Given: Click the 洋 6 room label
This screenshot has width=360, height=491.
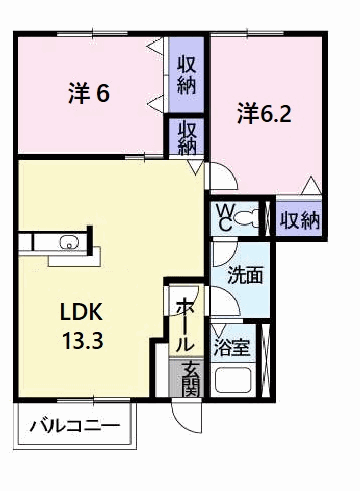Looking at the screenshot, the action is (x=89, y=93).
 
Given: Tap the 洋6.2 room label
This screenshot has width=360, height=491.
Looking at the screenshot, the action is (x=264, y=114).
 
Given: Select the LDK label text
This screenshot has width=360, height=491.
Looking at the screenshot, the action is (x=81, y=312).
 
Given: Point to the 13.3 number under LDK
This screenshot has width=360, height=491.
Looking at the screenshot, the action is (x=83, y=341).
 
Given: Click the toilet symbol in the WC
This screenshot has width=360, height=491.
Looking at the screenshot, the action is (x=246, y=218).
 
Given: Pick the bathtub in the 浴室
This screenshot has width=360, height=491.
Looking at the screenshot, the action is (x=233, y=380).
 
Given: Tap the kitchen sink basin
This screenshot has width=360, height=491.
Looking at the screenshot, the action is (x=69, y=242).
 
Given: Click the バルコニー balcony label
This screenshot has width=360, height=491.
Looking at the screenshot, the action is (x=75, y=426).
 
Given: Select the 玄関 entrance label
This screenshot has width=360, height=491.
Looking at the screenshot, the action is (x=191, y=379).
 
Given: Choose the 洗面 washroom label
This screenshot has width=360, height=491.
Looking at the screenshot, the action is (x=245, y=275).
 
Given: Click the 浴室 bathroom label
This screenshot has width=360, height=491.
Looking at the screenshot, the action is (x=232, y=347).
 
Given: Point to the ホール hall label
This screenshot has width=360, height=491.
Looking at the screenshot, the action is (x=186, y=324).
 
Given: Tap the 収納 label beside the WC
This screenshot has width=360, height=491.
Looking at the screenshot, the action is (x=300, y=220).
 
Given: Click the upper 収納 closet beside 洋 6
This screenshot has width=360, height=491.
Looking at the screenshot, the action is (x=186, y=75).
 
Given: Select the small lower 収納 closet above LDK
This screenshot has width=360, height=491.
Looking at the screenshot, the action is (x=186, y=137).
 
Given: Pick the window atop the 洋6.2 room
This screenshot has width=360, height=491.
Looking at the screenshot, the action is (x=247, y=33).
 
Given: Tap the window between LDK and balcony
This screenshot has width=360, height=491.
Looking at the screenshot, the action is (x=92, y=400).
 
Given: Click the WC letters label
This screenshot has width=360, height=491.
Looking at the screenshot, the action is (x=224, y=217).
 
